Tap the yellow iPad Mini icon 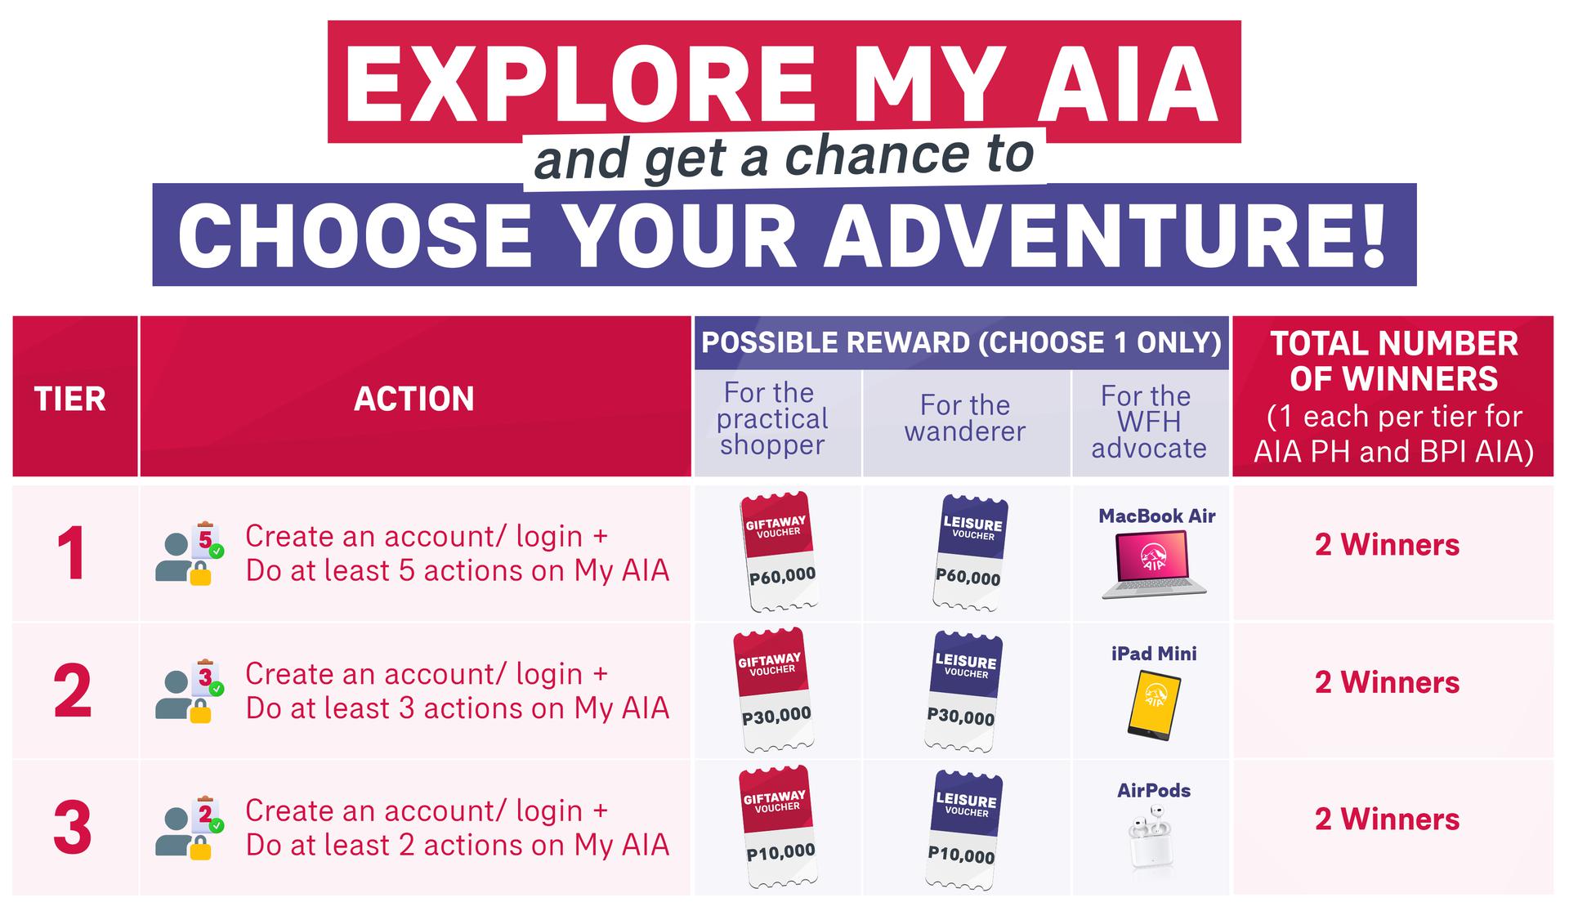1154,705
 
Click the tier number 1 72,554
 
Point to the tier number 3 72,828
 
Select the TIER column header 70,400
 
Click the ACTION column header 414,400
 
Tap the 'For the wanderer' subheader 965,418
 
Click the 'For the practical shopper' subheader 771,419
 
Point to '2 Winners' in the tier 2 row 1387,682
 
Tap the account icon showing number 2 190,828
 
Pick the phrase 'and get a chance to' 784,157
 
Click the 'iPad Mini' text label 1153,654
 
